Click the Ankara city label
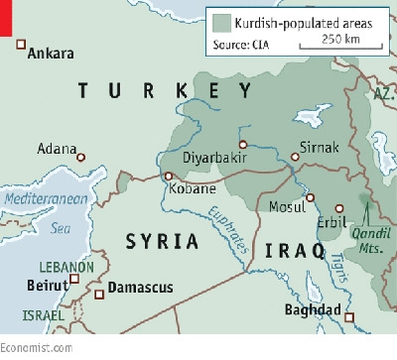[56, 55]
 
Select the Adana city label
[56, 149]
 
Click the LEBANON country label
[66, 268]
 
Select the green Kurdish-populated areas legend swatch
[220, 21]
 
